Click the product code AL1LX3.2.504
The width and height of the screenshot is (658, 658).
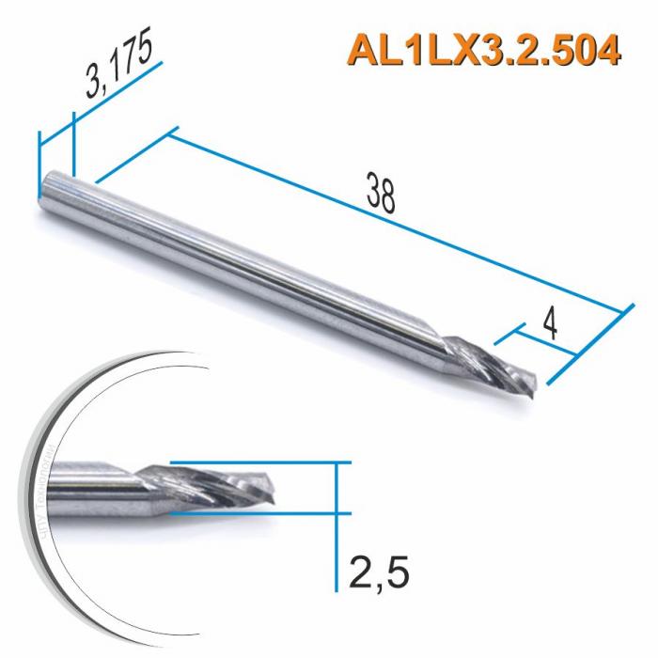485,50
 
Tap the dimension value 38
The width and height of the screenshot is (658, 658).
381,195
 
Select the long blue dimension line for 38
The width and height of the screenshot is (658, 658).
395,222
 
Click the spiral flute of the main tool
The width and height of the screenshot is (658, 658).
489,367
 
